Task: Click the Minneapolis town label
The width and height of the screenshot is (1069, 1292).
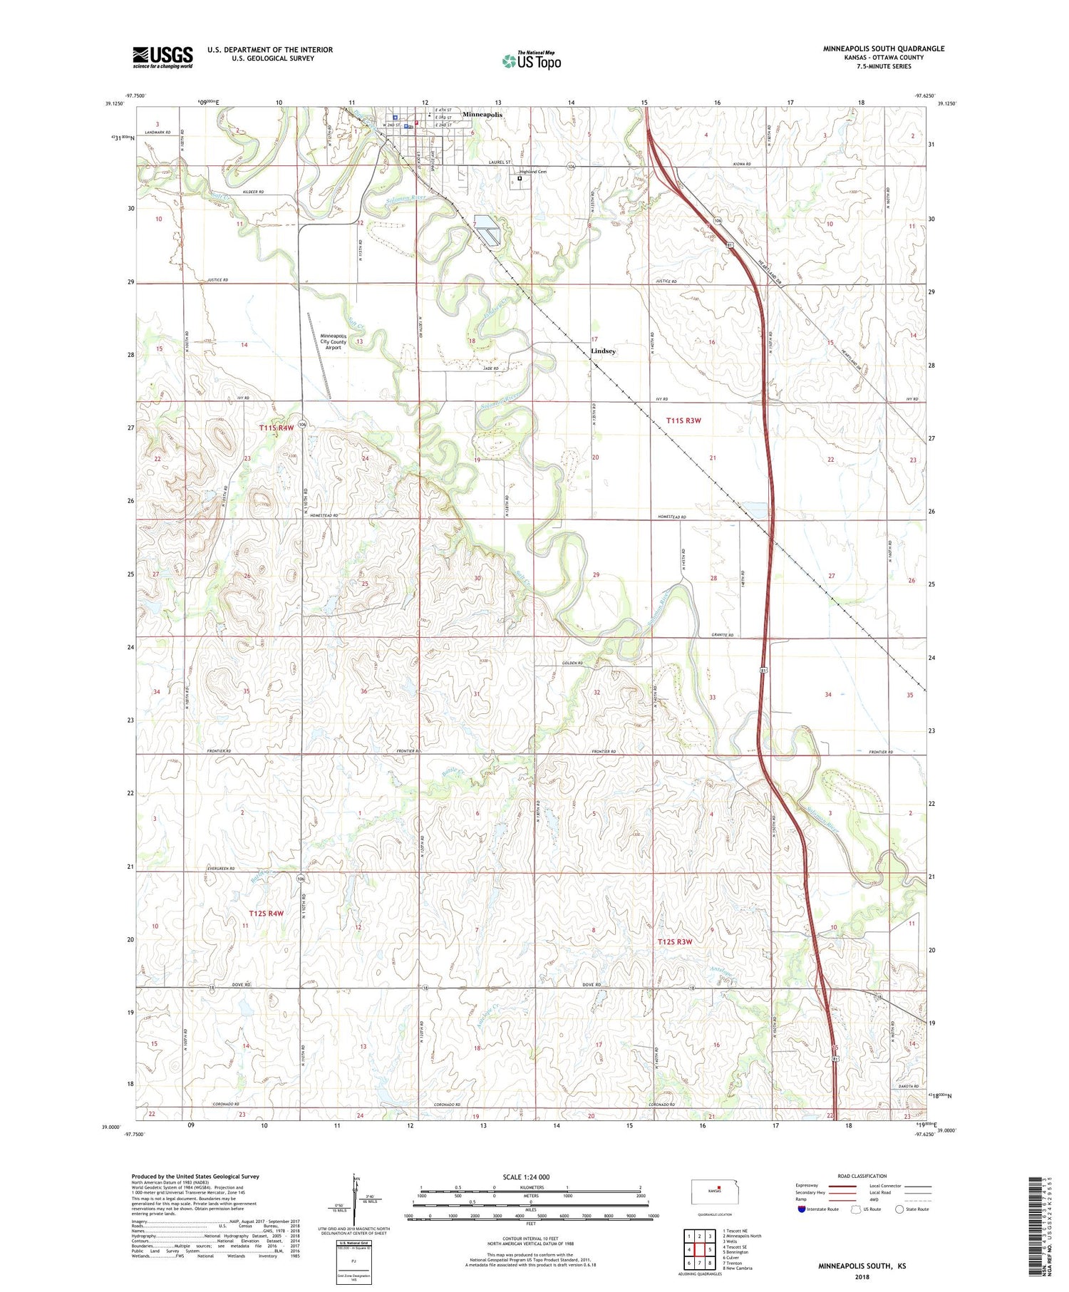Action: tap(482, 114)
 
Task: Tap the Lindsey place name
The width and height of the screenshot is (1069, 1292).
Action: tap(603, 351)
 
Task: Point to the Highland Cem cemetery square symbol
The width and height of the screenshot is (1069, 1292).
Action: tap(520, 179)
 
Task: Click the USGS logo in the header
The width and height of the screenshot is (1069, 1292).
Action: tap(162, 57)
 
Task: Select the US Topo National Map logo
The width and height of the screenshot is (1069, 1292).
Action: tap(532, 61)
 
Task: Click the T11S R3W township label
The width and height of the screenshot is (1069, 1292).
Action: tap(683, 420)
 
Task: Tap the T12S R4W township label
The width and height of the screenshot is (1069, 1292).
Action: tap(266, 913)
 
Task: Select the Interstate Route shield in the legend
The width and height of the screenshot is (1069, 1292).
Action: tap(802, 1209)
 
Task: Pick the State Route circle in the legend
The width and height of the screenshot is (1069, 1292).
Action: tap(899, 1209)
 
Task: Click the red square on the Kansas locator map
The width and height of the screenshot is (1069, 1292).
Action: tap(719, 1187)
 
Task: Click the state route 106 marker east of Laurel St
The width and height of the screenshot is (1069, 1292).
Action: tap(571, 166)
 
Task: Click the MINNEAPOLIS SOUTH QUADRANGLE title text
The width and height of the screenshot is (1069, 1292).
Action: tap(883, 48)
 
